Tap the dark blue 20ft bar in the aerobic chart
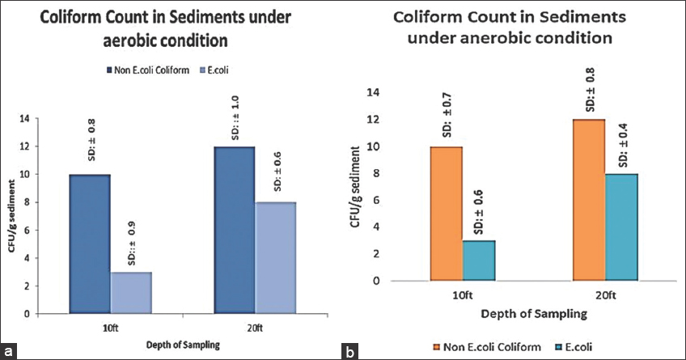pyautogui.click(x=235, y=230)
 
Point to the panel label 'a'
pyautogui.click(x=11, y=351)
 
